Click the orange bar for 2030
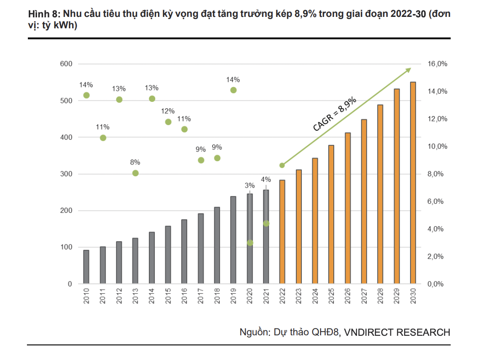[413, 183]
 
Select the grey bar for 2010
[86, 267]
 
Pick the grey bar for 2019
[233, 240]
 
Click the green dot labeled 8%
[136, 173]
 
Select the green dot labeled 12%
[168, 122]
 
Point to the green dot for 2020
[250, 243]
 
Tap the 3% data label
[250, 185]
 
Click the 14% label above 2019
[233, 80]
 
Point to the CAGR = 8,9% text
[334, 114]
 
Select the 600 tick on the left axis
[66, 64]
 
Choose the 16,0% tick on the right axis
[437, 64]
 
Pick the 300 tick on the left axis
[66, 174]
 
